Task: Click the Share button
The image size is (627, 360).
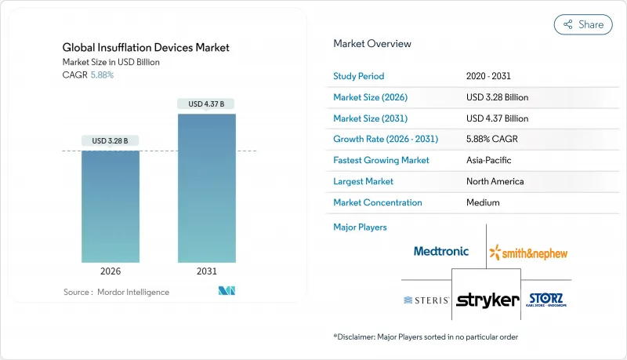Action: pyautogui.click(x=583, y=24)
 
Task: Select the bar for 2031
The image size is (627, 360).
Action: pyautogui.click(x=207, y=188)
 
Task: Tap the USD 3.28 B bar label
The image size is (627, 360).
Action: pyautogui.click(x=111, y=141)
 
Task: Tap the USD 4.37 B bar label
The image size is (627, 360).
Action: pyautogui.click(x=207, y=104)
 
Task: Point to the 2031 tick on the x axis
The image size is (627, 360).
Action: pyautogui.click(x=207, y=272)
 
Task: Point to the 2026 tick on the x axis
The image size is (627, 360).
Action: pyautogui.click(x=111, y=272)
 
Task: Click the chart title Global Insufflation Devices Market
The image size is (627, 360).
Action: pyautogui.click(x=146, y=48)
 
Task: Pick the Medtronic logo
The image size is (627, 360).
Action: pyautogui.click(x=441, y=251)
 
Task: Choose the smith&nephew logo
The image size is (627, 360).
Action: pyautogui.click(x=528, y=253)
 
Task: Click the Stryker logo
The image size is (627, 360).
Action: pyautogui.click(x=487, y=300)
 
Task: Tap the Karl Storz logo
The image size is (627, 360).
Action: pyautogui.click(x=546, y=300)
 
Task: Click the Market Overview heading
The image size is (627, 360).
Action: pyautogui.click(x=372, y=44)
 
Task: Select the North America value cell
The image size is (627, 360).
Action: pyautogui.click(x=495, y=181)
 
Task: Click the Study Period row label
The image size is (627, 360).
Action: pyautogui.click(x=359, y=76)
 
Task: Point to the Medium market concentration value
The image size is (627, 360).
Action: pyautogui.click(x=483, y=202)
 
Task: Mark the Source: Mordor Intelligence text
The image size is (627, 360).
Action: pyautogui.click(x=116, y=292)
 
